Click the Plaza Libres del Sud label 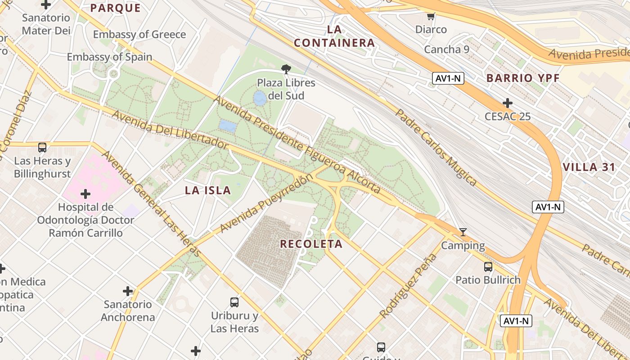pyautogui.click(x=286, y=89)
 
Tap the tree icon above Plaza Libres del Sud pyautogui.click(x=286, y=69)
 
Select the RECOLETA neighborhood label pyautogui.click(x=311, y=244)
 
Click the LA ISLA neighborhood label pyautogui.click(x=208, y=190)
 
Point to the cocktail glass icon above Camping pyautogui.click(x=463, y=232)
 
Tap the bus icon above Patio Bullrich pyautogui.click(x=488, y=267)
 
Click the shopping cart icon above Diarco pyautogui.click(x=431, y=17)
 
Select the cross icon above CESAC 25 pyautogui.click(x=508, y=103)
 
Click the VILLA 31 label pyautogui.click(x=589, y=167)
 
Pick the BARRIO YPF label pyautogui.click(x=523, y=78)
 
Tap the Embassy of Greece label pyautogui.click(x=139, y=35)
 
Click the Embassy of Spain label pyautogui.click(x=109, y=57)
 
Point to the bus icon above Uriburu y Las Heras pyautogui.click(x=234, y=302)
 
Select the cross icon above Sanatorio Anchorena pyautogui.click(x=128, y=291)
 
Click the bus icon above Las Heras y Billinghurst pyautogui.click(x=42, y=148)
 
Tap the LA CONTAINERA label pyautogui.click(x=334, y=36)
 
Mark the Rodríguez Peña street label pyautogui.click(x=408, y=286)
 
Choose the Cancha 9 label pyautogui.click(x=446, y=49)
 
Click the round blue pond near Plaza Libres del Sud pyautogui.click(x=260, y=99)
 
